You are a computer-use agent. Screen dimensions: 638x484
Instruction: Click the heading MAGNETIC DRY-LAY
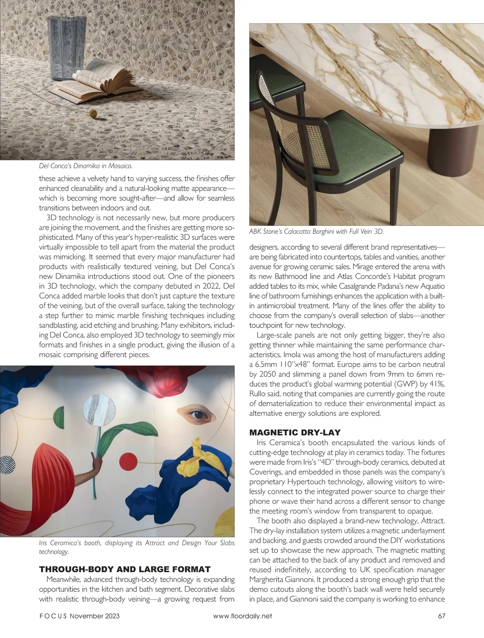(x=295, y=433)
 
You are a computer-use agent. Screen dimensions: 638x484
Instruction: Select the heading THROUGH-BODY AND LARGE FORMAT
(x=125, y=569)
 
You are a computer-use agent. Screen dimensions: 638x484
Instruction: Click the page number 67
(x=441, y=616)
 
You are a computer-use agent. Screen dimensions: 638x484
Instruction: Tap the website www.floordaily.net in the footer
(x=242, y=616)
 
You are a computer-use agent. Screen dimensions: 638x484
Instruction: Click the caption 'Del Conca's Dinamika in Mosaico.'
(x=86, y=166)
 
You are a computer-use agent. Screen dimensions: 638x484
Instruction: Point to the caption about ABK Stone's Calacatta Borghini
(x=316, y=231)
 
